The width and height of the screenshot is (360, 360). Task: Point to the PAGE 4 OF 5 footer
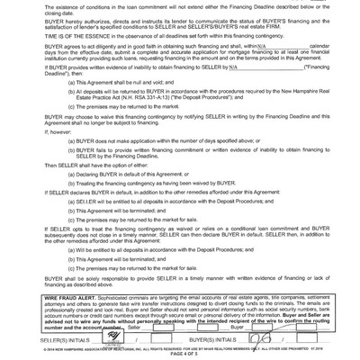[180, 351]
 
